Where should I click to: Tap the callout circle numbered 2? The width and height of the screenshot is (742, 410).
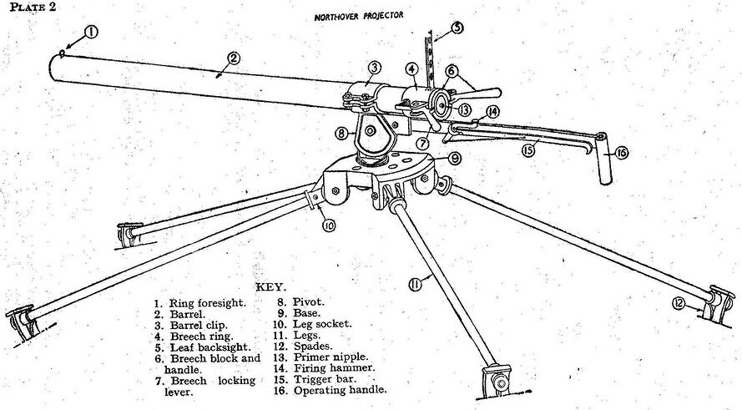coord(234,58)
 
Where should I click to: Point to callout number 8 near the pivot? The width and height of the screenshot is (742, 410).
coord(341,133)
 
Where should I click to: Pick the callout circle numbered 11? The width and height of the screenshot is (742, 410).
coord(414,284)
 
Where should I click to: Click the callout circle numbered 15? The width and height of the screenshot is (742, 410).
coord(527,151)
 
